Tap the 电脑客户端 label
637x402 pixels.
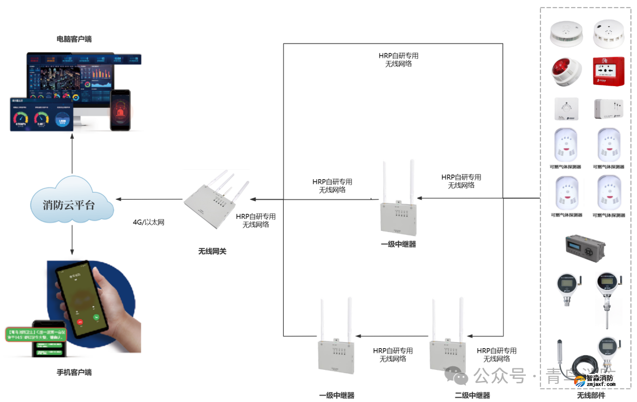point(74,39)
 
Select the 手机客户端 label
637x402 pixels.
point(74,373)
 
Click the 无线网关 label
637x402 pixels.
point(212,251)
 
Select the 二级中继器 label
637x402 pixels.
point(472,395)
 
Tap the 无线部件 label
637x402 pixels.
point(591,395)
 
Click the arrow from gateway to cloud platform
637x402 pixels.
point(149,199)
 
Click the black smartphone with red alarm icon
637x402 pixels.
point(120,110)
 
